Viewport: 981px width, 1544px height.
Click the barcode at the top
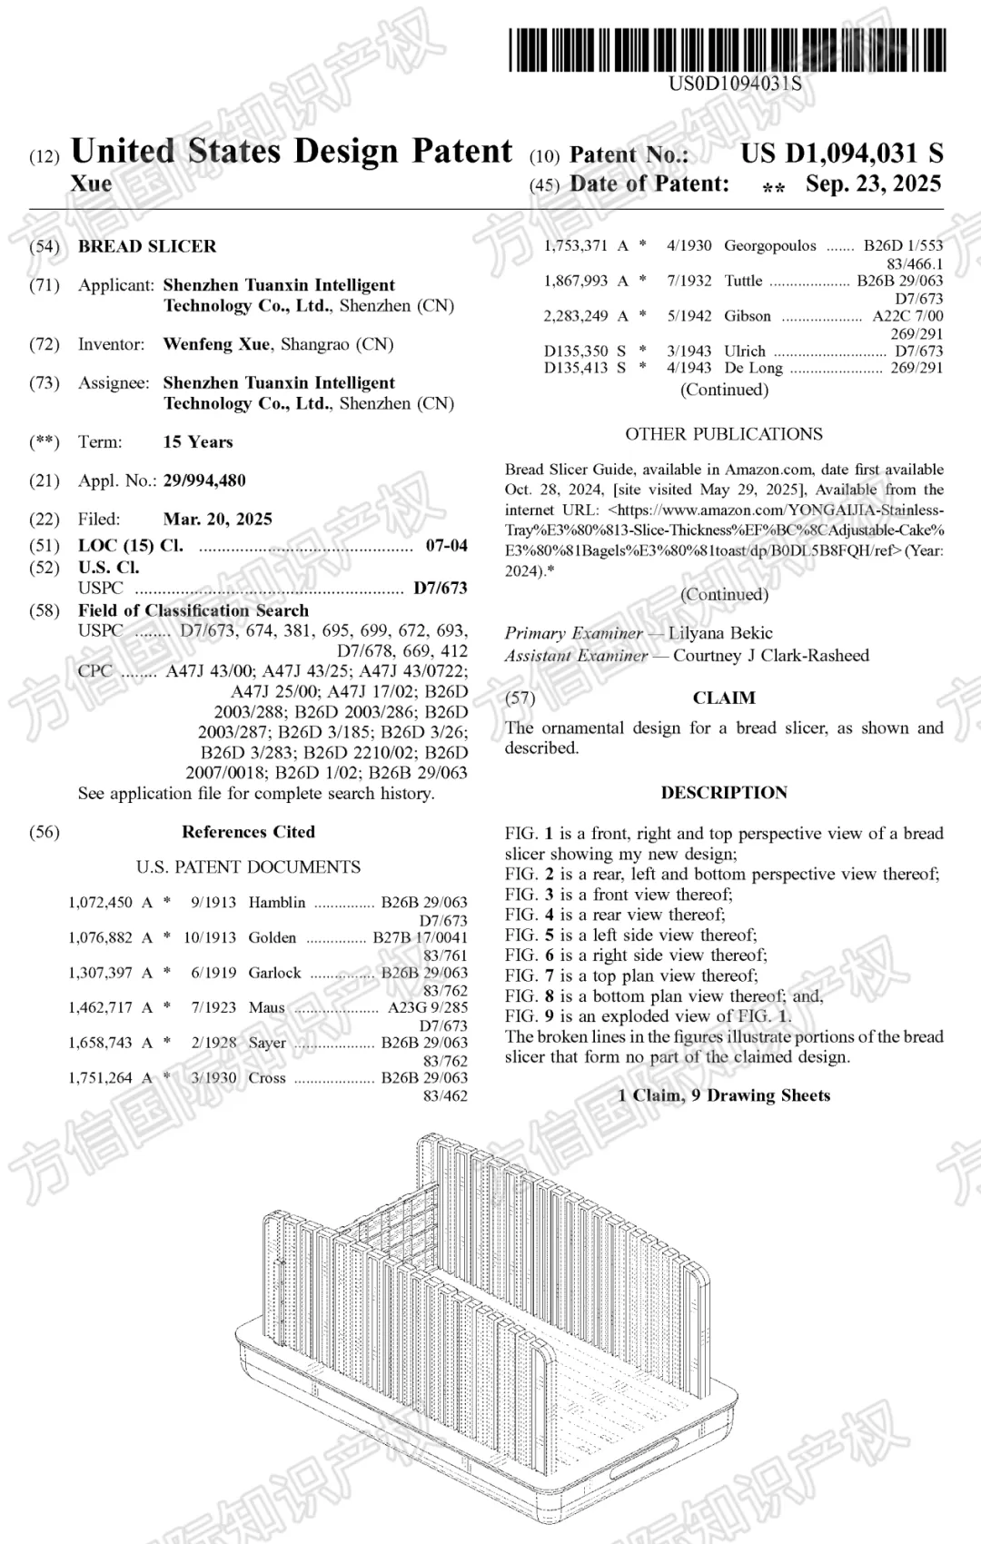727,50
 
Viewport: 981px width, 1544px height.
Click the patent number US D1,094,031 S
841,153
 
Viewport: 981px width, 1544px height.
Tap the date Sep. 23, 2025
873,184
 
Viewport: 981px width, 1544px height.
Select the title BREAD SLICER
147,246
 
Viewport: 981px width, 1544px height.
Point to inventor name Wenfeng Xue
216,344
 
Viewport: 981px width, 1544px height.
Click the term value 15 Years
198,442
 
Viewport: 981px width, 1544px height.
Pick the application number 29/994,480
204,480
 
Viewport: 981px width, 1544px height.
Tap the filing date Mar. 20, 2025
218,520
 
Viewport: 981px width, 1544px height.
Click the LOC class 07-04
446,546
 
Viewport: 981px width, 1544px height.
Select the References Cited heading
248,832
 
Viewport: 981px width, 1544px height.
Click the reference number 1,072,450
100,903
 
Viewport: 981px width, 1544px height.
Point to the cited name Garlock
274,973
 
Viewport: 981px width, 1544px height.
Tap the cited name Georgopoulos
770,245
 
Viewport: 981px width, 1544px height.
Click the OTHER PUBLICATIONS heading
724,434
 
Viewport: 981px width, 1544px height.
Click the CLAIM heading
724,698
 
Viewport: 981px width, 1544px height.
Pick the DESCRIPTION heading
724,793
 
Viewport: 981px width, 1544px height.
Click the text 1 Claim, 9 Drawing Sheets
724,1095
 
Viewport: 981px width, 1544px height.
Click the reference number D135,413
576,368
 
